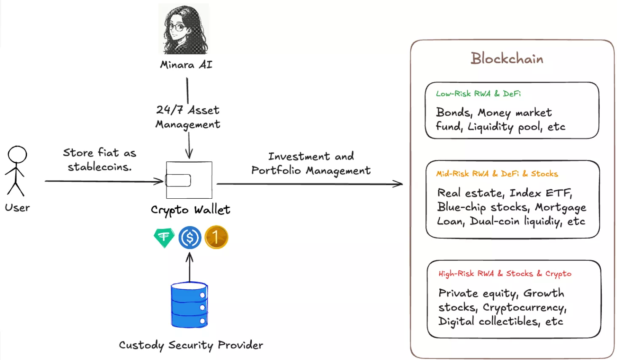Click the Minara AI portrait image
tap(184, 29)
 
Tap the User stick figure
tap(16, 171)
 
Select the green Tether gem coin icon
tap(164, 237)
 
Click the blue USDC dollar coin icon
tap(190, 237)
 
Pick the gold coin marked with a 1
tap(216, 237)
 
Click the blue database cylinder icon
tap(190, 305)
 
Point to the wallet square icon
tap(189, 180)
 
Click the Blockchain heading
tap(507, 59)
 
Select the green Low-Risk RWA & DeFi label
tap(478, 93)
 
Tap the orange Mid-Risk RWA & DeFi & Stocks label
tap(497, 173)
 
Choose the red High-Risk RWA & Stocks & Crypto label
tap(505, 274)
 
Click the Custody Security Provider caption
tap(191, 345)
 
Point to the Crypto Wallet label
tap(190, 210)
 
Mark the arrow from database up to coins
tap(190, 267)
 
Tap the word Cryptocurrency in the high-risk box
tap(524, 308)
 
